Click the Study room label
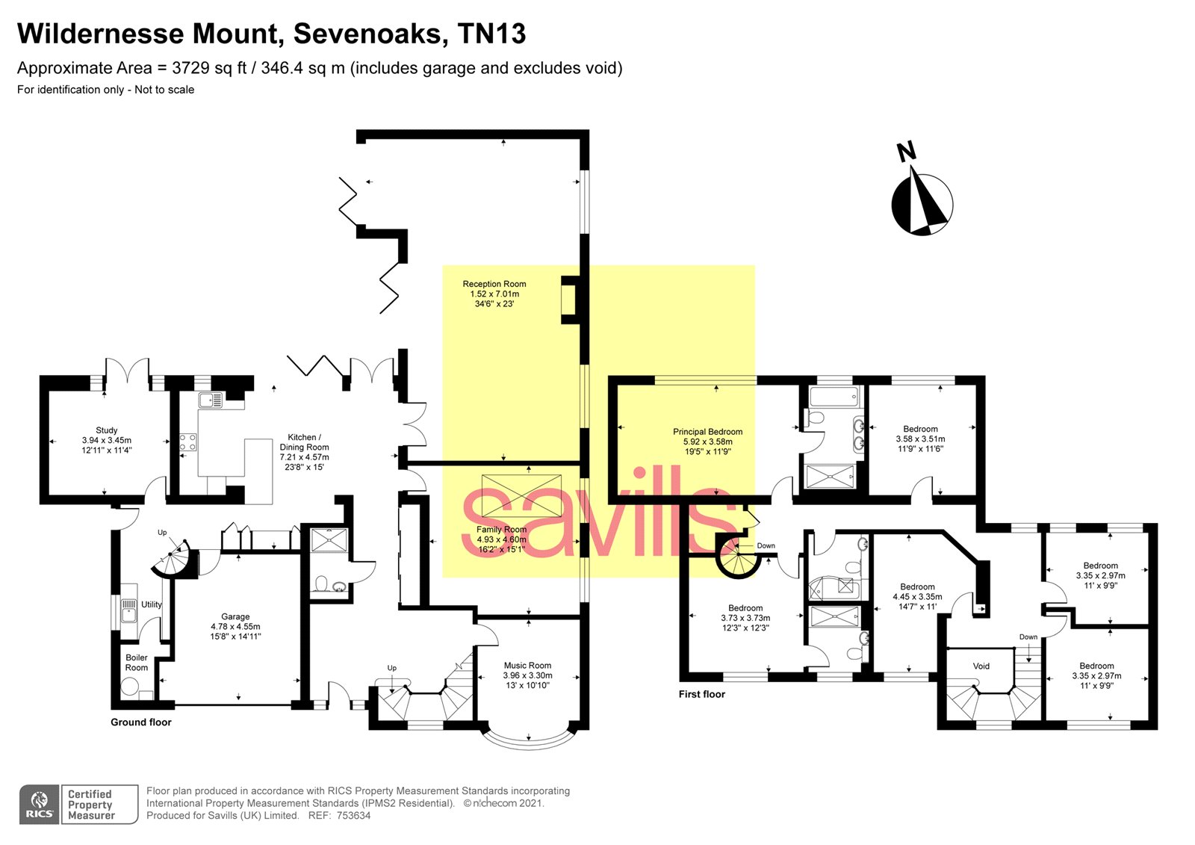point(106,430)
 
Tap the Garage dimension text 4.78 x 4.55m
point(235,627)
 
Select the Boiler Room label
point(136,663)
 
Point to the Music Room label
point(527,665)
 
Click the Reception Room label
point(494,284)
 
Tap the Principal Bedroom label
point(707,432)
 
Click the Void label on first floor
point(981,666)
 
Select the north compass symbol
point(922,203)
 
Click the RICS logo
point(39,805)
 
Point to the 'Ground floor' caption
point(140,722)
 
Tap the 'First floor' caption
point(701,694)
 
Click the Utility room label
point(152,604)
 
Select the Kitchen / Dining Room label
point(304,442)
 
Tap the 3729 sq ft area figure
point(201,68)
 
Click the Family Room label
point(501,530)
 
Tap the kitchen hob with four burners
point(187,442)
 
